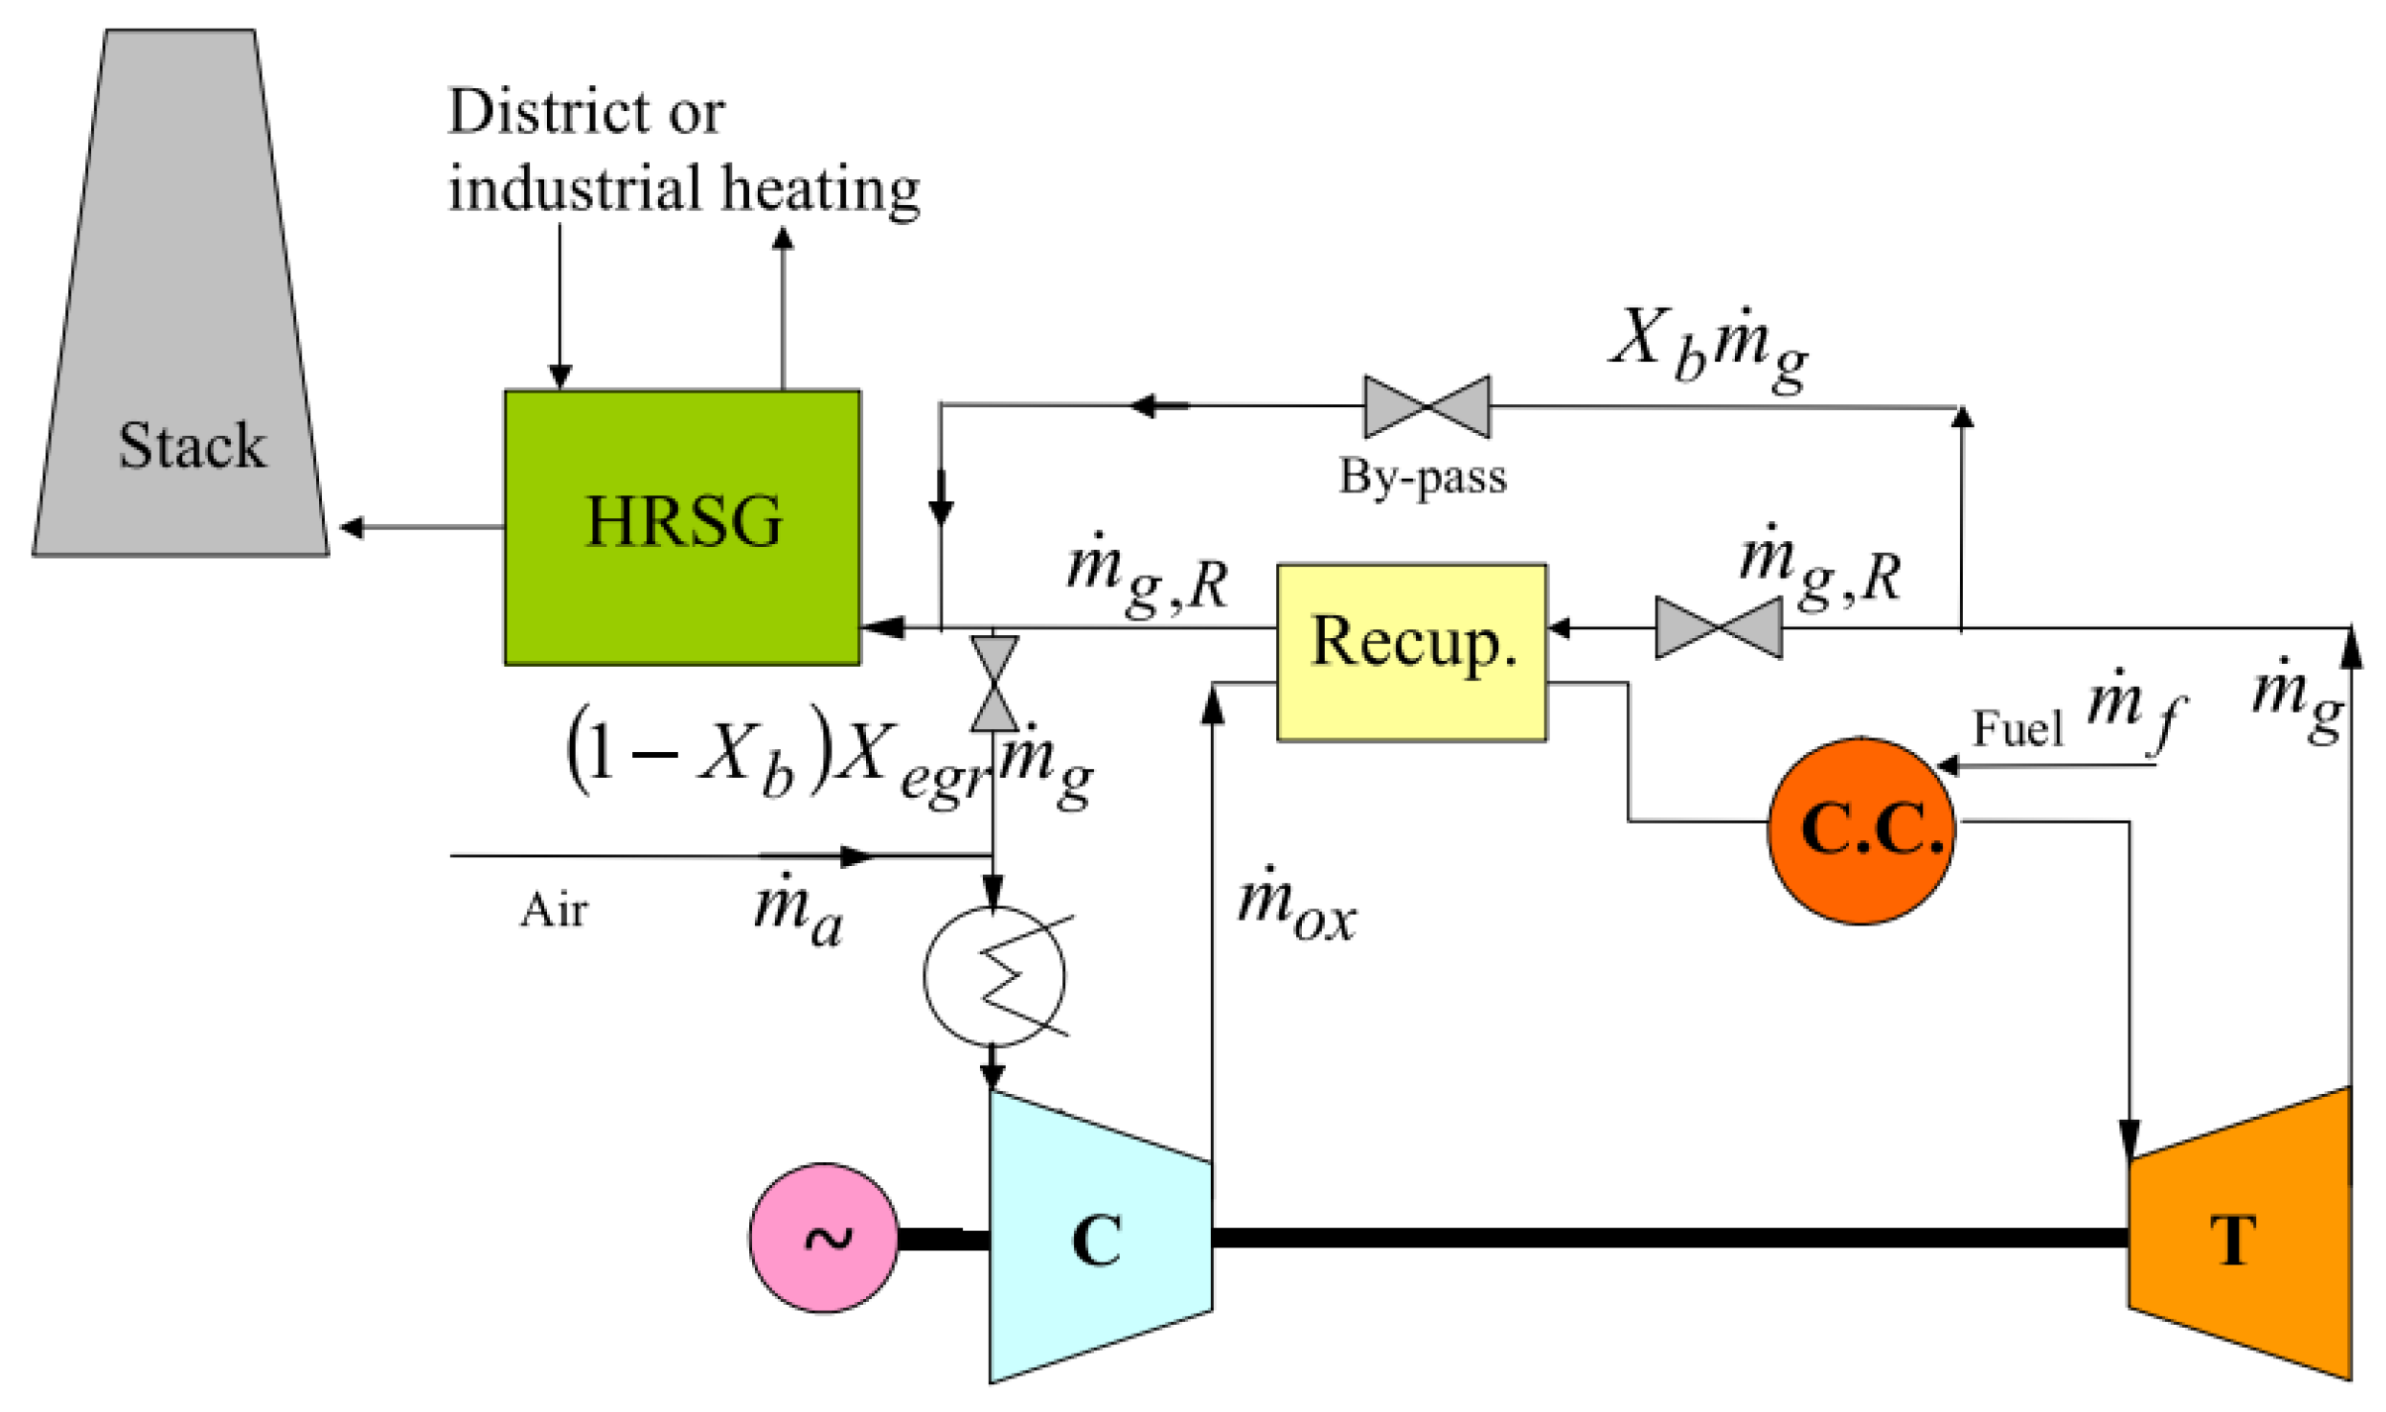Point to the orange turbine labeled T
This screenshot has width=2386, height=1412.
[x=2241, y=1238]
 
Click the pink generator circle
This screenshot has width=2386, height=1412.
[x=823, y=1238]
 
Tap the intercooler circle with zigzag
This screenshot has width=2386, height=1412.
[x=994, y=976]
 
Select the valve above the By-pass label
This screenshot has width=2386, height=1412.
[x=1426, y=406]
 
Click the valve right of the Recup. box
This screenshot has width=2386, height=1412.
[x=1718, y=627]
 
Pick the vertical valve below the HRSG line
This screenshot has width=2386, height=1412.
[x=993, y=684]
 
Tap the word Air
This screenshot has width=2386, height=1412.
[x=553, y=910]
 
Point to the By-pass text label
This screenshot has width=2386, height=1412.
[x=1422, y=478]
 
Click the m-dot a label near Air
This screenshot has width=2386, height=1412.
[x=796, y=912]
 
